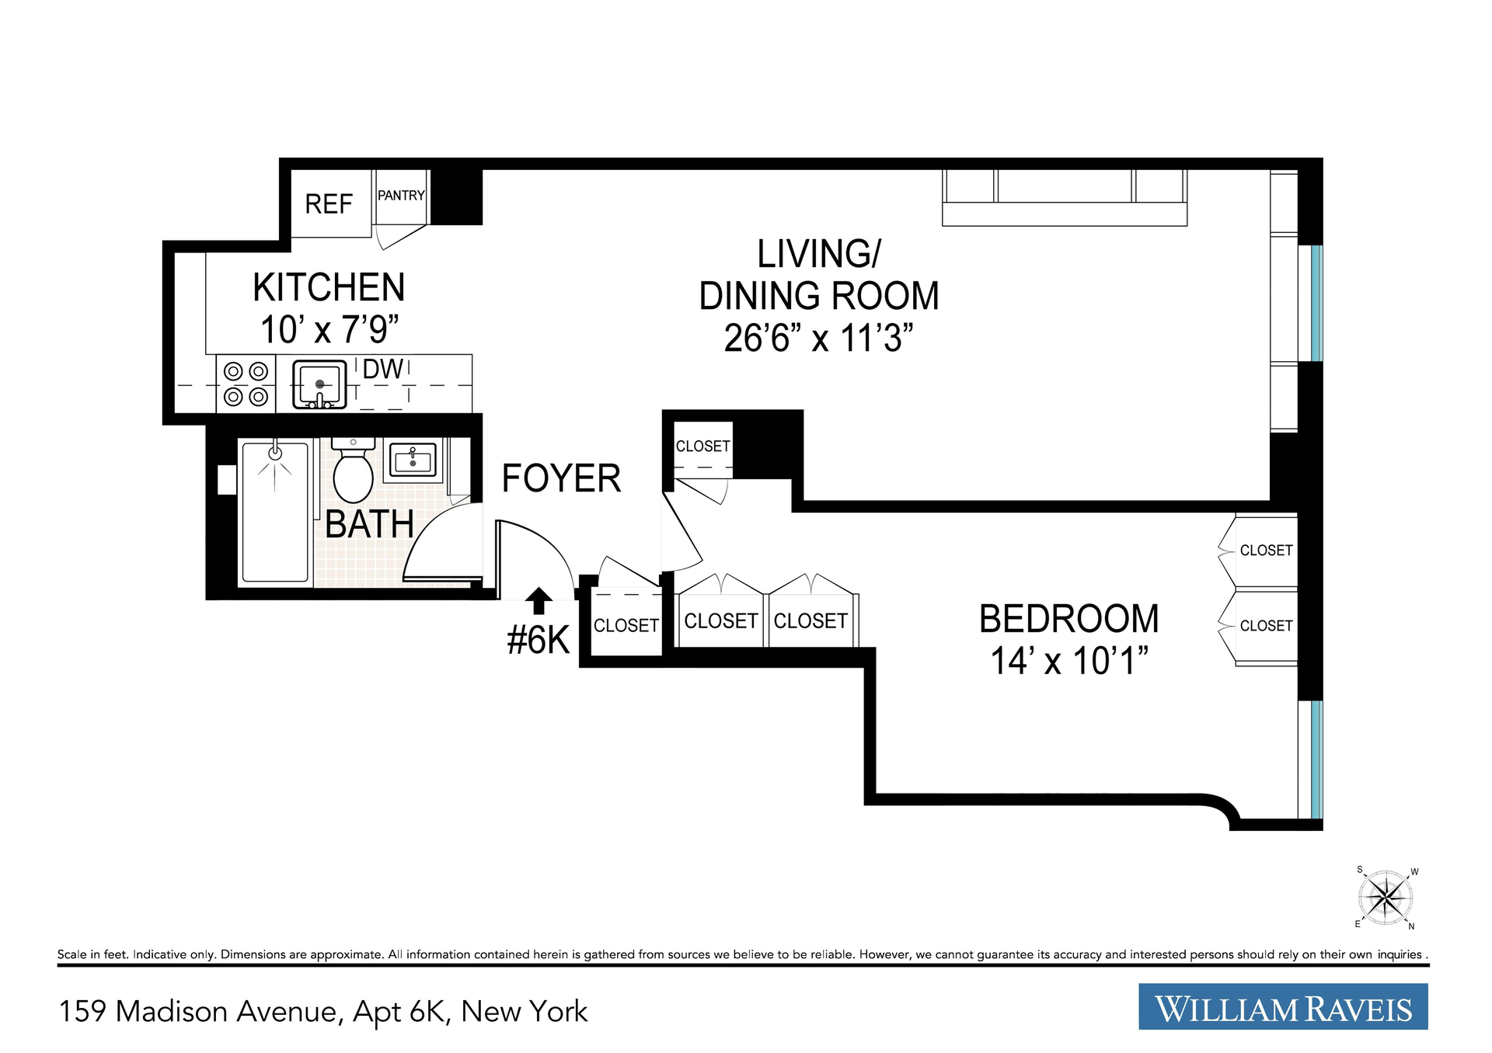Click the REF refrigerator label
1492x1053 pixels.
pos(329,204)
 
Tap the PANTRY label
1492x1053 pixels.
pos(401,196)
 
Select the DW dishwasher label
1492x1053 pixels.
pos(383,370)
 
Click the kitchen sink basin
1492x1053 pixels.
pos(319,384)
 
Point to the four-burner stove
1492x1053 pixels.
pos(246,384)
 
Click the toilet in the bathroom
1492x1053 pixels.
pos(354,470)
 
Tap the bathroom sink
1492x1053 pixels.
pos(413,460)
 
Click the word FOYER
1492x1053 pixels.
pos(561,478)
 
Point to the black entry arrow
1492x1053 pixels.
pos(539,601)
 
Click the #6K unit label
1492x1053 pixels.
pos(539,641)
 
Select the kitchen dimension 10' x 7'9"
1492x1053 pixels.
pos(329,330)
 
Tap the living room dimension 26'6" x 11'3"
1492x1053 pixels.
pos(818,339)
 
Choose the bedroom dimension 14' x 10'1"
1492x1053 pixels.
pos(1069,661)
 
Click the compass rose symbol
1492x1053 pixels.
pos(1386,898)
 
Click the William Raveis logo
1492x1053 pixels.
pos(1283,1006)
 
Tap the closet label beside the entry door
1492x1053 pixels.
pos(626,626)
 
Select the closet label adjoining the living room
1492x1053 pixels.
pos(702,447)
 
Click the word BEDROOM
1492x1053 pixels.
pos(1069,619)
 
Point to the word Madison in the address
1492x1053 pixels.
pos(227,1011)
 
